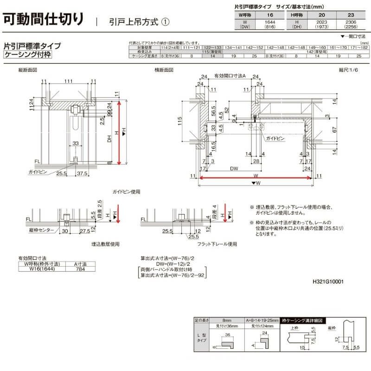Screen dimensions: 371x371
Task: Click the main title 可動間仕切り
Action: pos(44,19)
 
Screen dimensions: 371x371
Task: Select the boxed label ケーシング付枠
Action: pos(28,55)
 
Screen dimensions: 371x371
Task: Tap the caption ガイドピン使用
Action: pos(126,191)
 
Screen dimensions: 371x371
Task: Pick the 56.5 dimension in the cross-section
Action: pos(213,113)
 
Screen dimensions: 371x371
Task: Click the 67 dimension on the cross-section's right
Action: pos(333,131)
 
